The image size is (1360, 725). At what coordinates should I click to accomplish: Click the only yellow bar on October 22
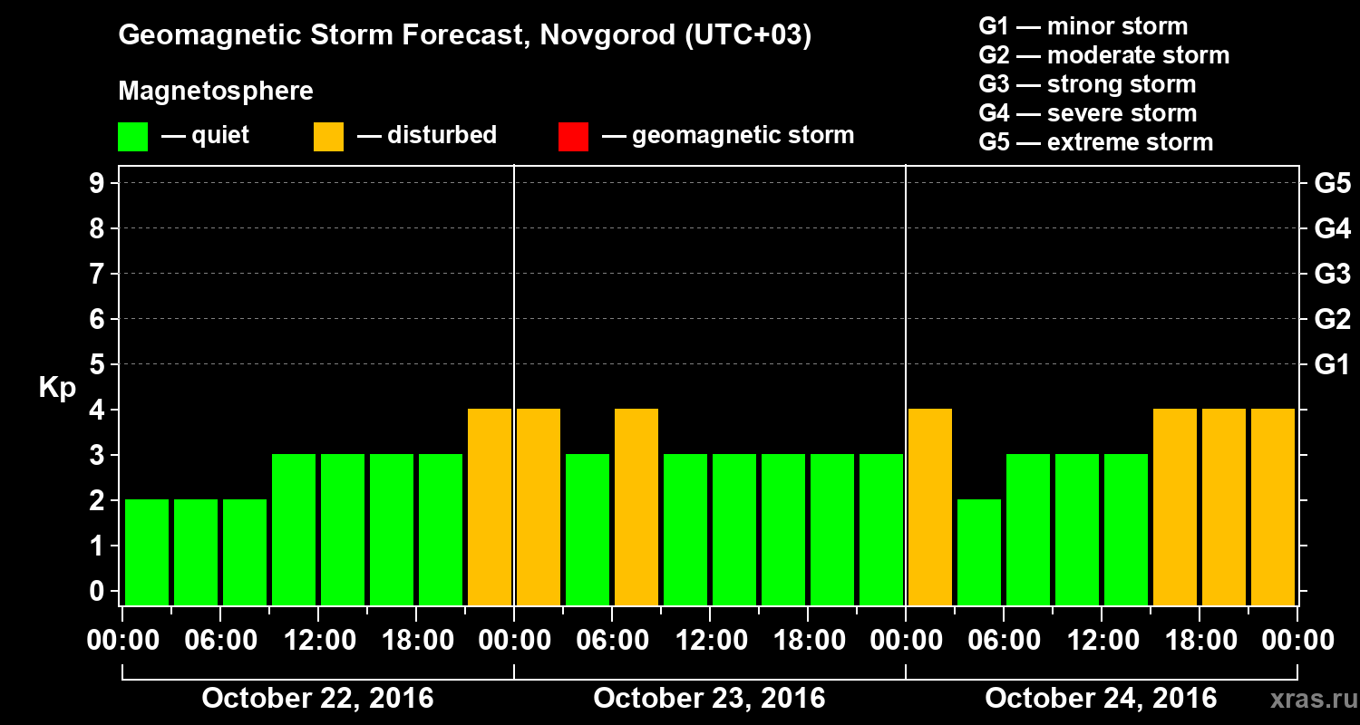coord(490,507)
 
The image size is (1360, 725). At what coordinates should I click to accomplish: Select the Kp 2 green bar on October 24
coord(979,552)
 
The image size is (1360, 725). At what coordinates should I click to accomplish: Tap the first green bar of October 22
coord(147,552)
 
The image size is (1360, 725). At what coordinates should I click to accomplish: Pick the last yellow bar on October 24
coord(1273,507)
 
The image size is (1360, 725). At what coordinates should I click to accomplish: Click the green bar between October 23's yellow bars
coord(588,529)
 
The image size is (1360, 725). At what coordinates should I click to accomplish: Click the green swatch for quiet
coord(132,136)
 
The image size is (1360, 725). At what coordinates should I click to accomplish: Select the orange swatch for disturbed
coord(328,136)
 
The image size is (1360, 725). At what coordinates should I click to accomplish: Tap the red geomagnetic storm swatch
coord(573,136)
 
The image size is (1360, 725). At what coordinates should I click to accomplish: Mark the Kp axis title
coord(57,388)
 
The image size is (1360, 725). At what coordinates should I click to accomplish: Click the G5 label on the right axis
coord(1332,183)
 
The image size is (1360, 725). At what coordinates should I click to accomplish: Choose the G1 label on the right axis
coord(1332,365)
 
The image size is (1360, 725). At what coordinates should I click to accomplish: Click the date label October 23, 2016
coord(709,698)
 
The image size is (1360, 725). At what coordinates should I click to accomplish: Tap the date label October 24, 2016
coord(1101,698)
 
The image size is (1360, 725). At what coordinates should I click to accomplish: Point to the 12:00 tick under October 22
coord(318,640)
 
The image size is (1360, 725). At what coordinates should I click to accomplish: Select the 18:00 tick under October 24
coord(1200,640)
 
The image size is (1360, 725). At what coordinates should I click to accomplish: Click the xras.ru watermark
coord(1307,699)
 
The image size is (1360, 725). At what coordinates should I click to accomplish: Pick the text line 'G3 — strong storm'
coord(1087,84)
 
